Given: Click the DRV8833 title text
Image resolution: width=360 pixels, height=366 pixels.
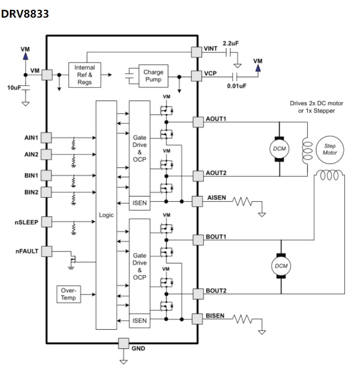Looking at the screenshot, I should click(x=25, y=14).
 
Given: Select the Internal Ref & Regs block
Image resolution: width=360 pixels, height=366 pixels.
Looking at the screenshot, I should click(x=84, y=75).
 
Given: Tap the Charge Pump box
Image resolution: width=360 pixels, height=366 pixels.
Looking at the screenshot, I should click(x=153, y=76).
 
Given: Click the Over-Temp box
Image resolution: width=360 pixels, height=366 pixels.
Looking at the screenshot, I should click(x=68, y=294).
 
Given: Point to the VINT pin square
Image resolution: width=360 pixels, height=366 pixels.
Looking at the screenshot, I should click(x=196, y=51).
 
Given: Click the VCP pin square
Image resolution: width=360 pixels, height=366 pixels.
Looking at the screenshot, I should click(x=196, y=76).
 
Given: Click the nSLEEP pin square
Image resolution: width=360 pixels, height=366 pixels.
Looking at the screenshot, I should click(x=47, y=221).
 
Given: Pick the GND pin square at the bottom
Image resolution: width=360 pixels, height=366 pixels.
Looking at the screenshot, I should click(x=123, y=343).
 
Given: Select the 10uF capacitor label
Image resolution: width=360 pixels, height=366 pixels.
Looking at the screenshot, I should click(x=14, y=88).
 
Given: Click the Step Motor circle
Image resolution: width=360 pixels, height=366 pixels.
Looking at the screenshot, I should click(x=330, y=149).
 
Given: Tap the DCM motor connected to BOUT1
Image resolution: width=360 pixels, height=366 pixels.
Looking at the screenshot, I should click(x=280, y=266).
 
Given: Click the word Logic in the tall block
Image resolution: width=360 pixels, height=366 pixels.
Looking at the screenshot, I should click(x=106, y=215).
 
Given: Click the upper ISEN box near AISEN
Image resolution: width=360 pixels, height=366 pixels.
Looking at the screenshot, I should click(x=139, y=203).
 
